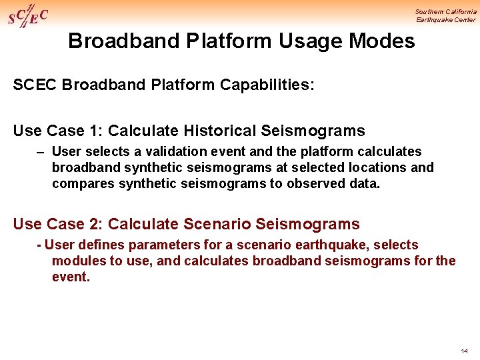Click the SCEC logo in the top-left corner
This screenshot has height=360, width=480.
27,16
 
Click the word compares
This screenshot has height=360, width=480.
82,183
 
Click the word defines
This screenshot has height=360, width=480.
99,245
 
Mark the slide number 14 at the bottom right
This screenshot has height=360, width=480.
464,351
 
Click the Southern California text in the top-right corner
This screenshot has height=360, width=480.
445,11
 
